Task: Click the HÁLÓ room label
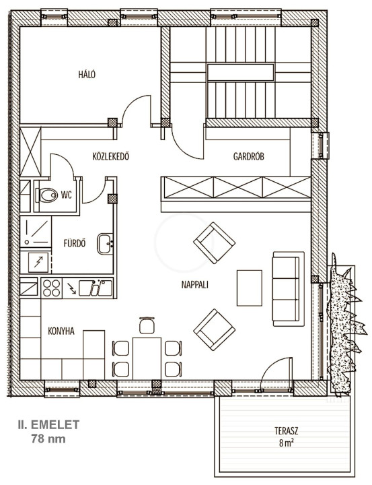(x=87, y=75)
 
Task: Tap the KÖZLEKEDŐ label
(x=110, y=156)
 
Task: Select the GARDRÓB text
(x=249, y=156)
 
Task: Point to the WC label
(x=67, y=195)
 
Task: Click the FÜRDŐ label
(x=75, y=243)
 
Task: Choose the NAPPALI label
(x=194, y=284)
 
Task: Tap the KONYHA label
(x=61, y=331)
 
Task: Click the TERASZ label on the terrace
(x=287, y=430)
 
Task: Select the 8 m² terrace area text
(x=287, y=443)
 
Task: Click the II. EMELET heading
(x=48, y=424)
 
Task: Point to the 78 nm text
(x=48, y=439)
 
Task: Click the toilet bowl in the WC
(x=46, y=195)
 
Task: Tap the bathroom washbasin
(x=105, y=244)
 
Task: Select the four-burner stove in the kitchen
(x=51, y=288)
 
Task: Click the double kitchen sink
(x=96, y=288)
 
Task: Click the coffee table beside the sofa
(x=250, y=288)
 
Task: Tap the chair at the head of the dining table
(x=147, y=325)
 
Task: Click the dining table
(x=147, y=358)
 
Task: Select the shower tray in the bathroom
(x=36, y=232)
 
